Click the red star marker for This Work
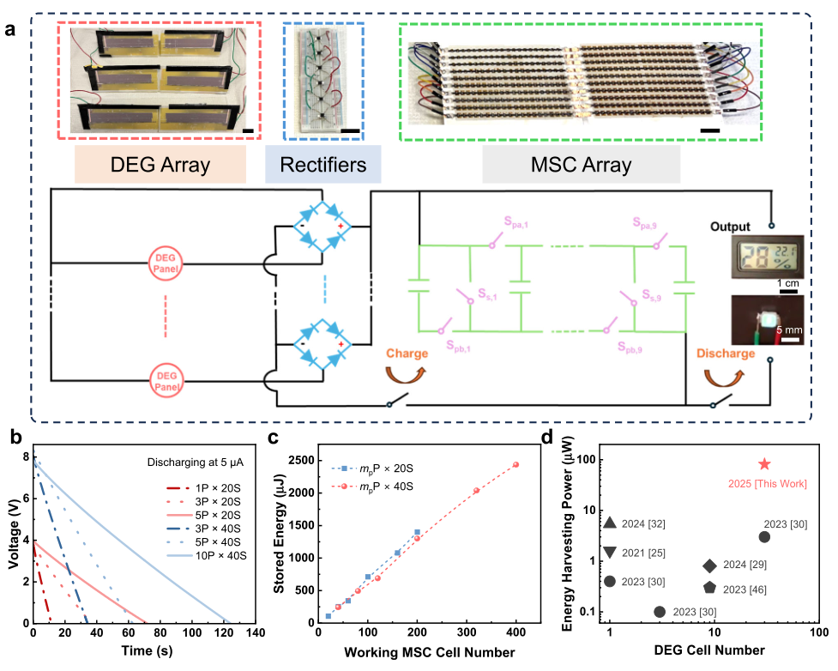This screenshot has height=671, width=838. (763, 464)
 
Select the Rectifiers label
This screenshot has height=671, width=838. (323, 164)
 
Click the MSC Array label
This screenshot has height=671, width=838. (582, 164)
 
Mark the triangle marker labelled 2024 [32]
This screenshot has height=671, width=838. (610, 523)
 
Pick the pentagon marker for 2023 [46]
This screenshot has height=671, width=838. (710, 588)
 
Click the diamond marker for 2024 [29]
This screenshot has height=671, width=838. (710, 565)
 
